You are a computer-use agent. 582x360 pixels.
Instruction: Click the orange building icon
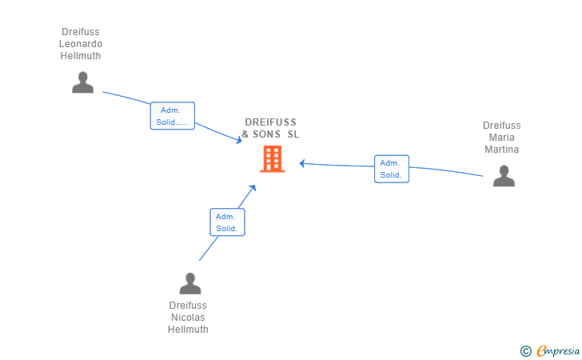coord(272,158)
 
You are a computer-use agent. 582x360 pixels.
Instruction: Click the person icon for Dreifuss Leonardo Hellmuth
coord(82,82)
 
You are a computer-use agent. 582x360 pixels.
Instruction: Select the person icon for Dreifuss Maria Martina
coord(504,176)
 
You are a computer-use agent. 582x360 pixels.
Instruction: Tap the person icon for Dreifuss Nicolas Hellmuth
coord(189,284)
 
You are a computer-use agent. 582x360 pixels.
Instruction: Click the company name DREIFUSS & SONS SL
coord(270,128)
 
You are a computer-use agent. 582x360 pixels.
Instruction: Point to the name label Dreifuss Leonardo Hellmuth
coord(81,44)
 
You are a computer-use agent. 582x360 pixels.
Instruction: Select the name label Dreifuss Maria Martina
coord(501,138)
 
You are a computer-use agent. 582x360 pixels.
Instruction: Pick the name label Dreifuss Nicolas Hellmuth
coord(188,318)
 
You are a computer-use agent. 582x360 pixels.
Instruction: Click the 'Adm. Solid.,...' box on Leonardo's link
coord(173,116)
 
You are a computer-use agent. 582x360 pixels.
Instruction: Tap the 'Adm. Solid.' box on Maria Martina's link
coord(391,169)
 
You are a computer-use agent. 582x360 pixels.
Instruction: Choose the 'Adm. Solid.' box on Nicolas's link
coord(227,222)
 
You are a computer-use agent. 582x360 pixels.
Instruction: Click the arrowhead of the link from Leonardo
coord(239,141)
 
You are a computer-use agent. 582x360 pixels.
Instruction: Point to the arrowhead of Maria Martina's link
coord(303,163)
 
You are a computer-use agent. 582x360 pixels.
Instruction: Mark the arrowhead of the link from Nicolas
coord(253,188)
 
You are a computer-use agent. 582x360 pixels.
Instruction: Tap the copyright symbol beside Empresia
coord(525,350)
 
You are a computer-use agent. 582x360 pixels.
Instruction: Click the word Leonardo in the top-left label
coord(81,44)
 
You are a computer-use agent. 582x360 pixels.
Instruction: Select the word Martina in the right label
coord(501,150)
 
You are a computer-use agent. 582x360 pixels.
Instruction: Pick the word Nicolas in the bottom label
coord(188,318)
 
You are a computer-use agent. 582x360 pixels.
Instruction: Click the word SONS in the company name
coord(267,134)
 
